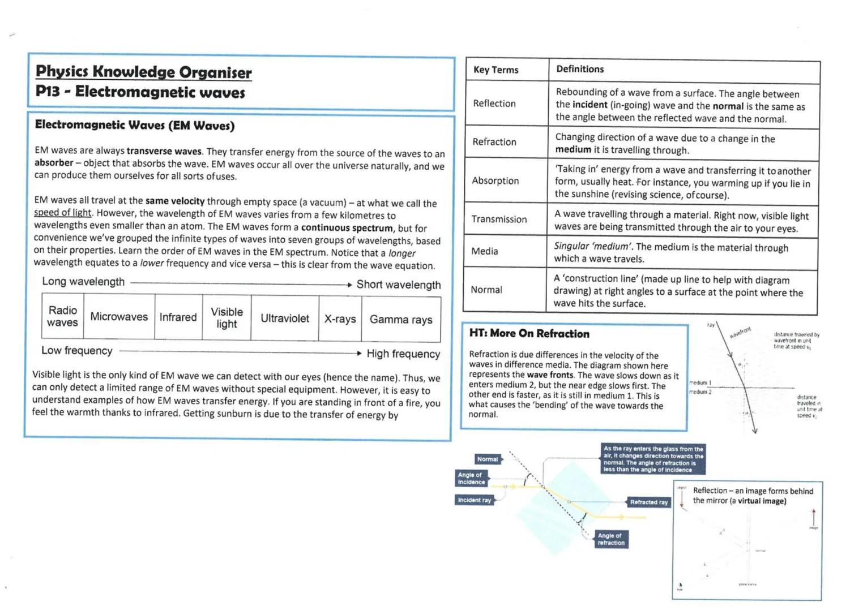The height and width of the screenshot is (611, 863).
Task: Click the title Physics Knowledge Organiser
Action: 143,72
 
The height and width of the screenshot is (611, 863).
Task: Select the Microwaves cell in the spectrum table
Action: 119,317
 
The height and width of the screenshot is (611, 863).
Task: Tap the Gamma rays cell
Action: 401,320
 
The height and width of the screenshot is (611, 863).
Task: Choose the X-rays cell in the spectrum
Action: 340,319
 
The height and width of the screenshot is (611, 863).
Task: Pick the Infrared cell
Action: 178,317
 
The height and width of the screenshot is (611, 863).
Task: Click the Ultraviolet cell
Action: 285,319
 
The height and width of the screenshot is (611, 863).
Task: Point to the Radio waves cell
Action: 62,316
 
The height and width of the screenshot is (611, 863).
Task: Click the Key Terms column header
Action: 495,70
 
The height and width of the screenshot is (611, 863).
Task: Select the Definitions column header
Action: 580,69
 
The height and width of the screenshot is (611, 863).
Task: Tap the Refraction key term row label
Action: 494,142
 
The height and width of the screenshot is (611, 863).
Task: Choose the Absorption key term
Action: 495,180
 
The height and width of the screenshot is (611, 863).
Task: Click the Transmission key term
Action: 499,219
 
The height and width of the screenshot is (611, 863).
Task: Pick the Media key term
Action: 485,251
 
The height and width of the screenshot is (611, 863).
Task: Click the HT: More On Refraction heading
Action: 529,334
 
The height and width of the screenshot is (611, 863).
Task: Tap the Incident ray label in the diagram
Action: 475,500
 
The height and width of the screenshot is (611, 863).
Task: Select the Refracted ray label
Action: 649,502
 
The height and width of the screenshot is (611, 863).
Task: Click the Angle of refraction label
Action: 611,539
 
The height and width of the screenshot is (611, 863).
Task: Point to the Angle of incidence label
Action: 471,479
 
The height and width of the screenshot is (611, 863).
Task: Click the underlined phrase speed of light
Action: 62,213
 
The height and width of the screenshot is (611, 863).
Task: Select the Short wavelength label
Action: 399,285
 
